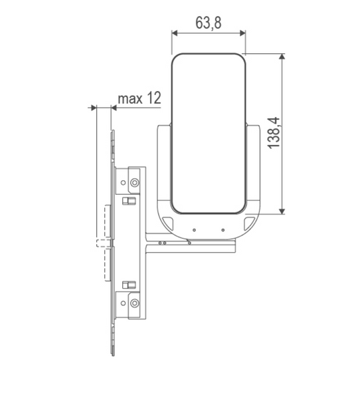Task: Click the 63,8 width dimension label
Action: pyautogui.click(x=209, y=23)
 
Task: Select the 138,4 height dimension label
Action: pyautogui.click(x=274, y=133)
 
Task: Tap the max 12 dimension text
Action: pyautogui.click(x=139, y=98)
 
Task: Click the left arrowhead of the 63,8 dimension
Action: pyautogui.click(x=175, y=33)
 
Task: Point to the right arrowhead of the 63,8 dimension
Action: pyautogui.click(x=242, y=33)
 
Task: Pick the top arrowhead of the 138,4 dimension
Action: pyautogui.click(x=282, y=57)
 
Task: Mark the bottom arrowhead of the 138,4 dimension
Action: pyautogui.click(x=282, y=211)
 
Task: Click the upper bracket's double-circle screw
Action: pyautogui.click(x=134, y=182)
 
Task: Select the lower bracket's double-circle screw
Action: pyautogui.click(x=134, y=303)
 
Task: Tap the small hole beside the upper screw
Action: pyautogui.click(x=123, y=182)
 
